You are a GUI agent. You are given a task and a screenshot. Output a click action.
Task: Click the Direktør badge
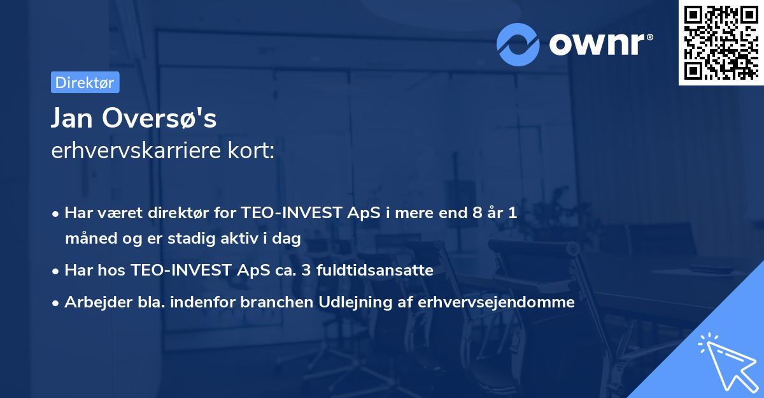[84, 82]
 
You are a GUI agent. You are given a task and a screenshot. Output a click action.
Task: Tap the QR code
[720, 43]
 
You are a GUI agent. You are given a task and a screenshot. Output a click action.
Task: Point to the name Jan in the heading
[72, 119]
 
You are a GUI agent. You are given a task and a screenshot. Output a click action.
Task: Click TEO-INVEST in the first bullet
[290, 213]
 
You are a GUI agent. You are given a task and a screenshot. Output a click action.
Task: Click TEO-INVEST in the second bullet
[180, 270]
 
